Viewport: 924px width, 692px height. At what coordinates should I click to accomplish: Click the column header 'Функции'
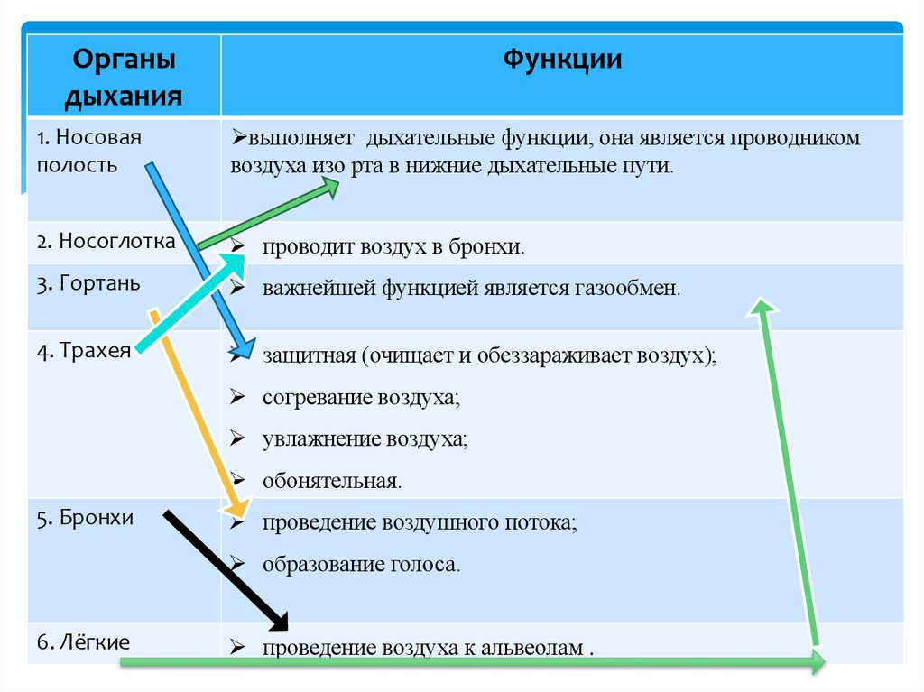(561, 60)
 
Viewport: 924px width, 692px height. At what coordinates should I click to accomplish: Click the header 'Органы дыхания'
(124, 78)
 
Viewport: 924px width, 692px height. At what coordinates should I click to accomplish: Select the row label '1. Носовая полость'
(90, 152)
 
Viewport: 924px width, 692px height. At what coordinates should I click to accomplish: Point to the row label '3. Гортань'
(88, 283)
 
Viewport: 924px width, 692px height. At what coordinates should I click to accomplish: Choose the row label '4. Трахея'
(85, 350)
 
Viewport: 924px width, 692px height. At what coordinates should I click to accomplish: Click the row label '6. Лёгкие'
(84, 642)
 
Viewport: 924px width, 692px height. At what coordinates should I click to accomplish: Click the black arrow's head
(279, 622)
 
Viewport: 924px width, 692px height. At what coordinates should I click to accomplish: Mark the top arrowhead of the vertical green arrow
(762, 308)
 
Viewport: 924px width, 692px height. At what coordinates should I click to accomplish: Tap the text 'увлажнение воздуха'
(365, 439)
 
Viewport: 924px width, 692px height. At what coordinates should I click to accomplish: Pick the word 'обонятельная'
(331, 481)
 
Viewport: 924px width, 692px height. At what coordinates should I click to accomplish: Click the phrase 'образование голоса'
(361, 565)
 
